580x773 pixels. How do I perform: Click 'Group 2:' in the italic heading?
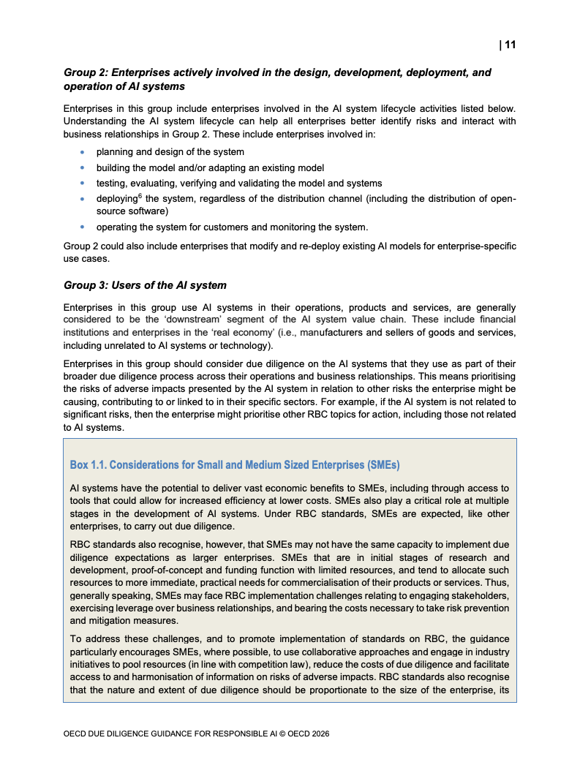pyautogui.click(x=86, y=72)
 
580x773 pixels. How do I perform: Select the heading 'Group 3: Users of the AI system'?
pyautogui.click(x=145, y=285)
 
